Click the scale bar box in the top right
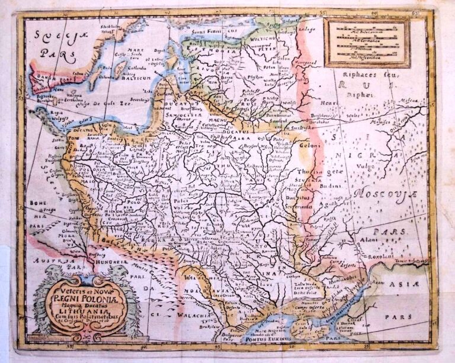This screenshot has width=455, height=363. coord(367,41)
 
